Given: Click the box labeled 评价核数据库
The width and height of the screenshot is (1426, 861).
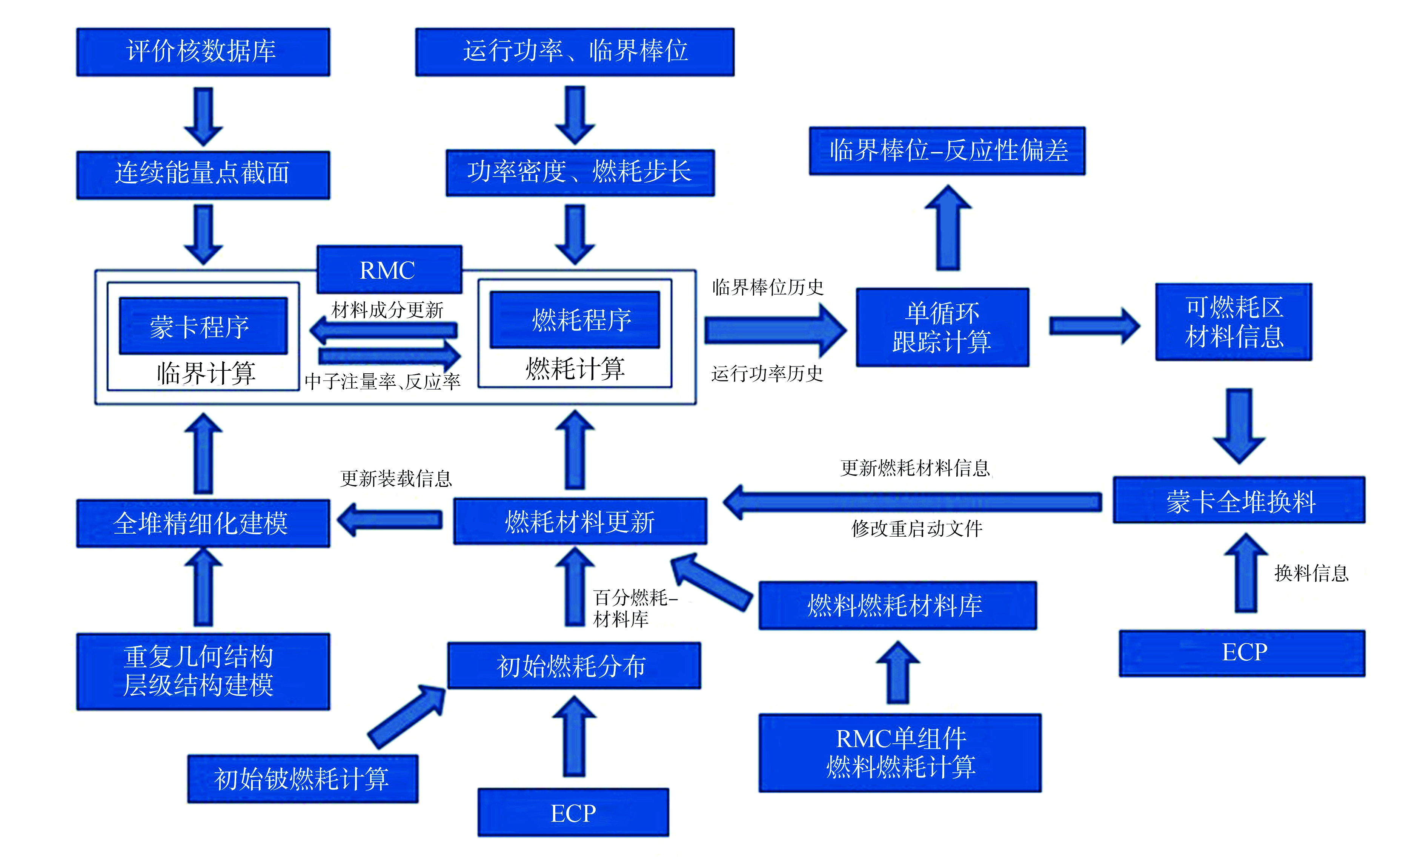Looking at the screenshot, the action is click(203, 52).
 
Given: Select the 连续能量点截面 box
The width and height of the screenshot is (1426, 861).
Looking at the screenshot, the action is click(203, 175).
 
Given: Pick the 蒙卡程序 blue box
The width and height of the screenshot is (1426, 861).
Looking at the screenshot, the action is click(203, 326).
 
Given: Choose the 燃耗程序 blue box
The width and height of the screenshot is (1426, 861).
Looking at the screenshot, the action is click(575, 319).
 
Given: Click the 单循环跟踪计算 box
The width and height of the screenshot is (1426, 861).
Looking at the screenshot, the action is click(942, 327).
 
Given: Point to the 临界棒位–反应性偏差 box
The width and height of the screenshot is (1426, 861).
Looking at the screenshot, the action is click(947, 150).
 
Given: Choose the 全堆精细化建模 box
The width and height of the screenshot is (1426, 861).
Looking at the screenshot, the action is click(203, 523).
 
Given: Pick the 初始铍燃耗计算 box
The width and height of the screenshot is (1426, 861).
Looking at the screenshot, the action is click(303, 778).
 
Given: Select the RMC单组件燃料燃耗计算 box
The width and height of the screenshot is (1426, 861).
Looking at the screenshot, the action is click(900, 753).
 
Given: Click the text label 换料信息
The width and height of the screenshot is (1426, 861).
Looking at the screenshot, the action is click(1311, 573).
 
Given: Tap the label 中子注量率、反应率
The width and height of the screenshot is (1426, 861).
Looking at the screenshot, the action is click(383, 381).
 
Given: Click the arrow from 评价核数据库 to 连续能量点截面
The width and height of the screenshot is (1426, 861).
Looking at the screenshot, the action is click(203, 116).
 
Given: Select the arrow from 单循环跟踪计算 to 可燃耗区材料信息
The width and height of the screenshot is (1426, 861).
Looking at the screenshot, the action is click(1094, 326).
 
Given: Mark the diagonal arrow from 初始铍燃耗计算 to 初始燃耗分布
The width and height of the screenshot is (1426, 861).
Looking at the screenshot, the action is click(407, 716).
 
